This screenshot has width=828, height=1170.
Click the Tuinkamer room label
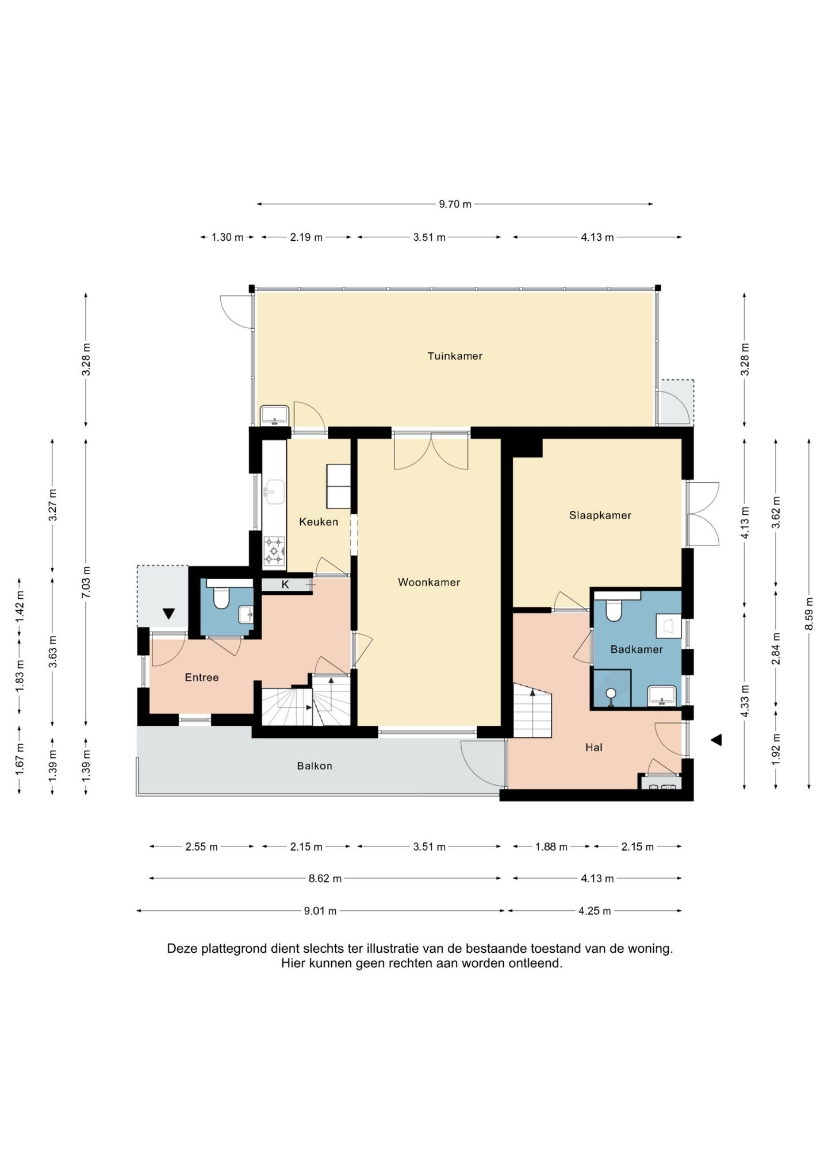[455, 356]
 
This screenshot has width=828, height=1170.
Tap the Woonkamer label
[429, 582]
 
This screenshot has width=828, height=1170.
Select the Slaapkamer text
[600, 515]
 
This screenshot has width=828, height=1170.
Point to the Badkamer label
[637, 649]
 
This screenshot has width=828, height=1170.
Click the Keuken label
[319, 522]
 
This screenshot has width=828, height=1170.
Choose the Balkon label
[315, 766]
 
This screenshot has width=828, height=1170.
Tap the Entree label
[202, 678]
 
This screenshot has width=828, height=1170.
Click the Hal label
[594, 748]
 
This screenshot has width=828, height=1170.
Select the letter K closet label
[285, 585]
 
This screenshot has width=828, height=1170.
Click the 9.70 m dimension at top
[455, 204]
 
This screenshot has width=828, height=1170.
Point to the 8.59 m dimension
[809, 614]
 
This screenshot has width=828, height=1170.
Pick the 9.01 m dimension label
[320, 910]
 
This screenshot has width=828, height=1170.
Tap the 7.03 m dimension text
[86, 582]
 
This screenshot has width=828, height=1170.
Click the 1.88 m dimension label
[551, 846]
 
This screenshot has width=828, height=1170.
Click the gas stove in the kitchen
[274, 551]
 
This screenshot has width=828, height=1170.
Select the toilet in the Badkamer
[614, 611]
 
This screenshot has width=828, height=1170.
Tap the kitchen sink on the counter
[274, 492]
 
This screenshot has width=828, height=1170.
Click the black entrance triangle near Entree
[168, 614]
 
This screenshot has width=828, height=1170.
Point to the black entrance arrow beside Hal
[716, 740]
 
